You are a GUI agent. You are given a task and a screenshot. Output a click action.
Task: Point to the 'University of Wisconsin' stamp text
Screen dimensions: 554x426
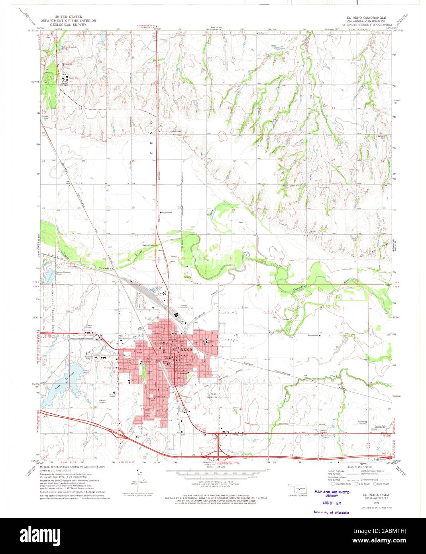click(331, 512)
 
